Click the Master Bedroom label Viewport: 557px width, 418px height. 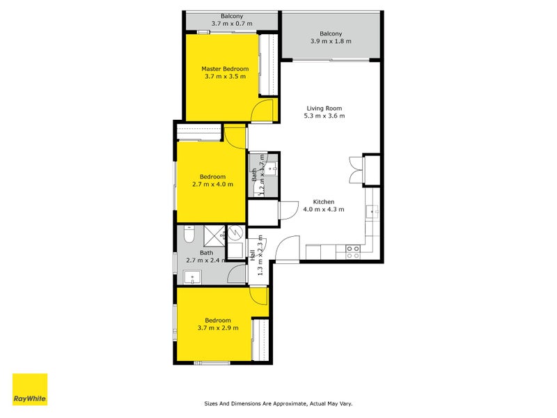225,69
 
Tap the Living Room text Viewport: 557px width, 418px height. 324,108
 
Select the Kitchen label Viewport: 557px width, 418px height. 324,201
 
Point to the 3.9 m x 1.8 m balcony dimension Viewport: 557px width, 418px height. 331,41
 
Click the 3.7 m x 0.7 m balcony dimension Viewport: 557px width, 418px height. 232,24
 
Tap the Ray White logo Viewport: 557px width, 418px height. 30,389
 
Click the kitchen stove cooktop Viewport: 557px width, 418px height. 353,249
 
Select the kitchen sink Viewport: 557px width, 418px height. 374,210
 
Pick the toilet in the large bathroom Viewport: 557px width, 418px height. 186,237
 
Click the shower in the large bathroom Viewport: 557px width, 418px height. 236,233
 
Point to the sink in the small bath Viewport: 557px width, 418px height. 272,168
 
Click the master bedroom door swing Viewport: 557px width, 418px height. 262,110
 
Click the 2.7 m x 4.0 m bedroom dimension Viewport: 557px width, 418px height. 212,185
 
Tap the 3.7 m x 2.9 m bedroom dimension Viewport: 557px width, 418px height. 218,327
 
